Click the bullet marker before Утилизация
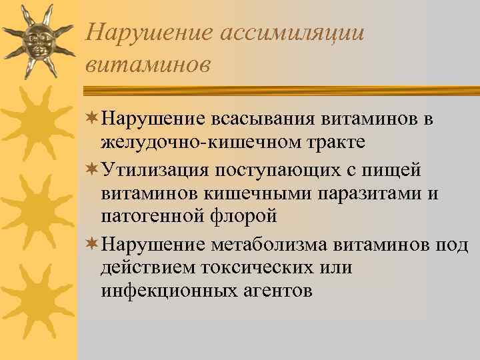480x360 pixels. pos(91,170)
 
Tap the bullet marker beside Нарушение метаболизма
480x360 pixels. pos(91,245)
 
